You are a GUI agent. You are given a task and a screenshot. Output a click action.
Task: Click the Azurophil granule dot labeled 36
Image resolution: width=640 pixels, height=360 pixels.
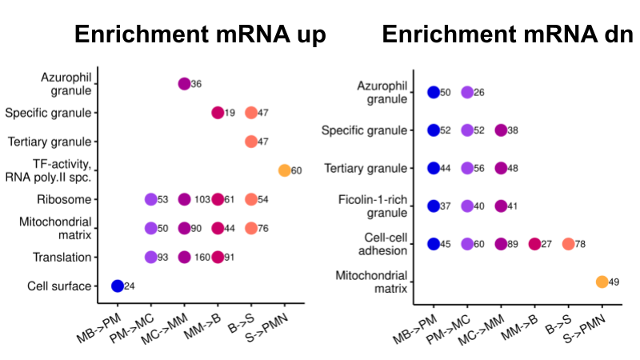pos(184,84)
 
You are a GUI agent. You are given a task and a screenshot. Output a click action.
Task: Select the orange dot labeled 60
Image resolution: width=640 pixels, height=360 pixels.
pos(284,170)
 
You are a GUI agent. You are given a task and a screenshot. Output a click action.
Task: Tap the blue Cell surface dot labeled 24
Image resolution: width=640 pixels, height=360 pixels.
pos(117,286)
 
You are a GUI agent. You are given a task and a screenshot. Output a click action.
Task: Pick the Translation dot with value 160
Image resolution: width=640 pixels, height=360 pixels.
pos(184,257)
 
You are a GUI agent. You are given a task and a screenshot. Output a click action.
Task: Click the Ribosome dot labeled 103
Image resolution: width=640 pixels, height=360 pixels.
pos(184,199)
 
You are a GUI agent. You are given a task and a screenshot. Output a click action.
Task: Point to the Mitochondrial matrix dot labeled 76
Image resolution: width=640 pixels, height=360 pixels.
pos(250,228)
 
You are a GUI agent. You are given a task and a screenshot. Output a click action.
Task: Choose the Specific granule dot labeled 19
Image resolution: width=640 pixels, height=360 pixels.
pos(217,113)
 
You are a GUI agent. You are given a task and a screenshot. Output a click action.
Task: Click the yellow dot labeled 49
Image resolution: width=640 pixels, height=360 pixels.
pos(602,282)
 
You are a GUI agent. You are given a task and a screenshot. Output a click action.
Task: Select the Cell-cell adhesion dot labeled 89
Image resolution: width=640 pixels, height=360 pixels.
pos(501,244)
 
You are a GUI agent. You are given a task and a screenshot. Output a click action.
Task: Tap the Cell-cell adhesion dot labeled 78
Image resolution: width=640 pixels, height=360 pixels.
pos(568,244)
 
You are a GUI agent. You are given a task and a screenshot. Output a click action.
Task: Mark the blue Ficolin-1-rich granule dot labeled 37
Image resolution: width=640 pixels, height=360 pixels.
pos(434,206)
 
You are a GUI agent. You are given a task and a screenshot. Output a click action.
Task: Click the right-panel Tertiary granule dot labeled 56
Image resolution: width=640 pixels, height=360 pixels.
pos(467,168)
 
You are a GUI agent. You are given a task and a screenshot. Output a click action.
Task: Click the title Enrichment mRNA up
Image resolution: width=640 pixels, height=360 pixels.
pos(200,35)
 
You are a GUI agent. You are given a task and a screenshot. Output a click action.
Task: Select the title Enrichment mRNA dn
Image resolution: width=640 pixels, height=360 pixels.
pos(508,35)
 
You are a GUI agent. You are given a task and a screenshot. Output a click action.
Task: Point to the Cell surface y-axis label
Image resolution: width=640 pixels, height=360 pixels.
pos(58,286)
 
